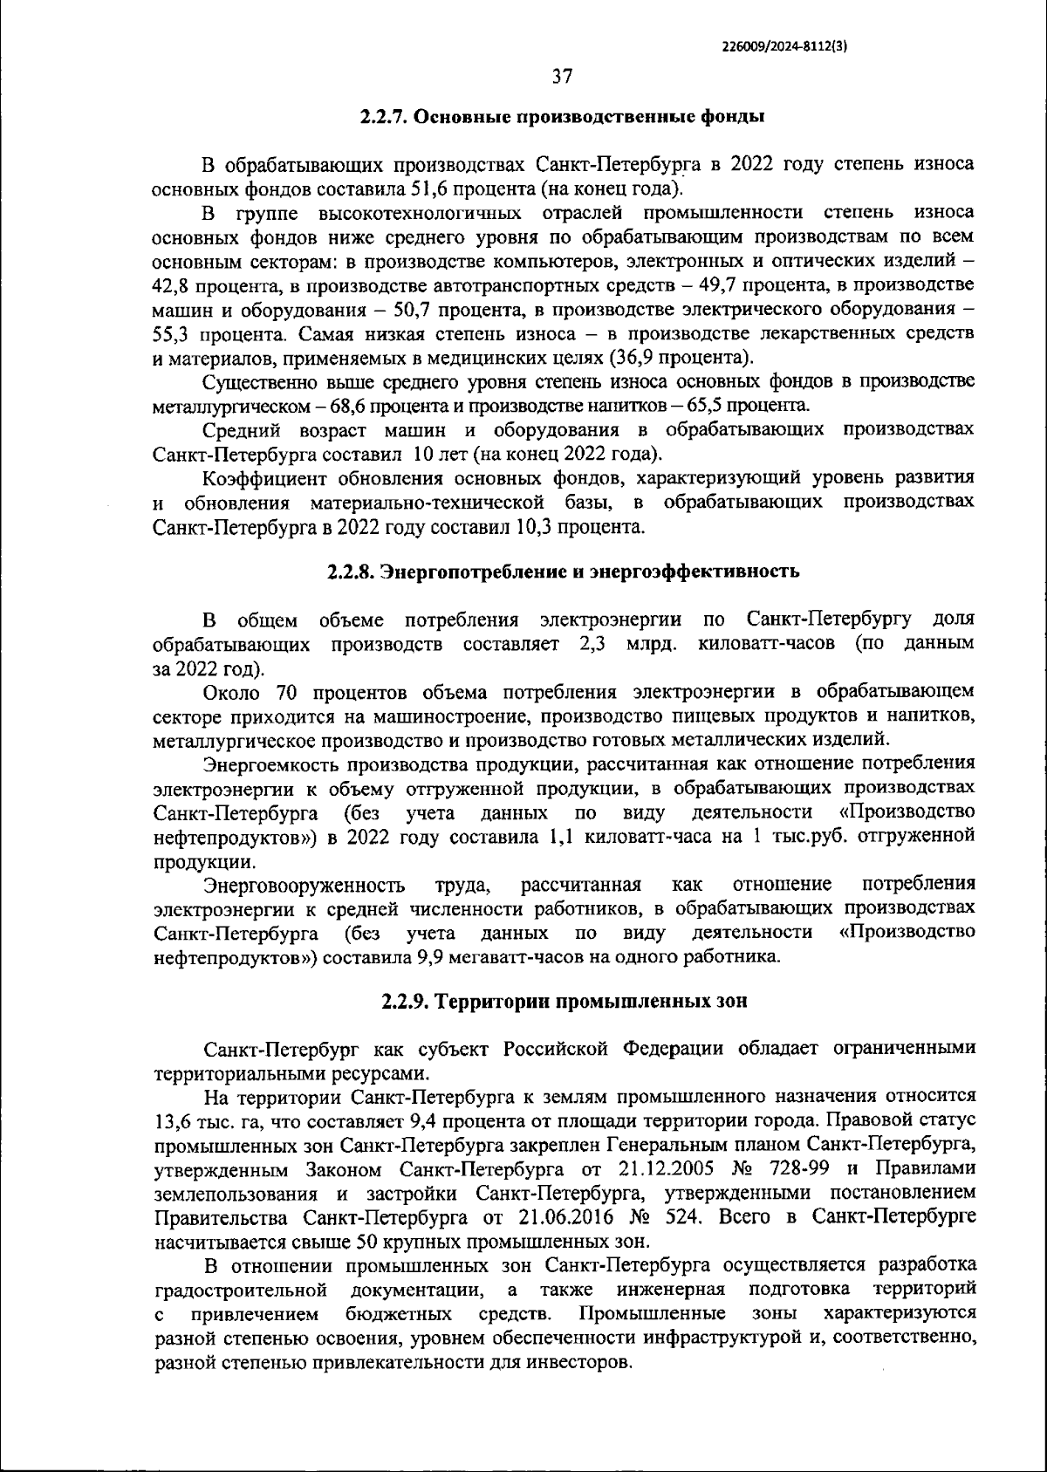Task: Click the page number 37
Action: click(x=562, y=77)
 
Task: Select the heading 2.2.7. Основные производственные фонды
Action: click(x=563, y=116)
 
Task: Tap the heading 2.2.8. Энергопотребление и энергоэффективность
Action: click(x=563, y=572)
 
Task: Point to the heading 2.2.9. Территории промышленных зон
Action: click(x=565, y=1001)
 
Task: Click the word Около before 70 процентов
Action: click(x=233, y=693)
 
